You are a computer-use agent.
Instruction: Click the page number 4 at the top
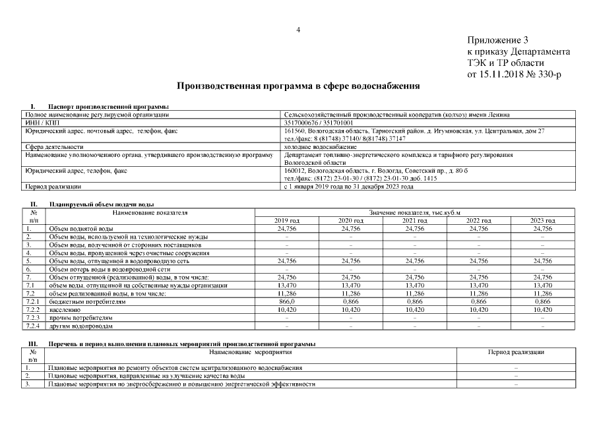coord(299,30)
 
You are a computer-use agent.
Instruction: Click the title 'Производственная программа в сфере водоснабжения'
coord(298,86)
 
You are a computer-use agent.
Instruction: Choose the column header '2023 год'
coord(542,220)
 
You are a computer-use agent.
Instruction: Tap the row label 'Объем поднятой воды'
coord(80,228)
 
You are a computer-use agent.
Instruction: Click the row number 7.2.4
coord(33,325)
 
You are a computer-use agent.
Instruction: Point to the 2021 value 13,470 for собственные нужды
coord(414,285)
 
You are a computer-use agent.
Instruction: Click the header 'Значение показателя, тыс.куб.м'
coord(414,212)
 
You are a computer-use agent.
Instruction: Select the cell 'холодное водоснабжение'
coord(320,146)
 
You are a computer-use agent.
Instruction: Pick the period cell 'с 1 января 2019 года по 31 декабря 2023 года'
coord(348,187)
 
